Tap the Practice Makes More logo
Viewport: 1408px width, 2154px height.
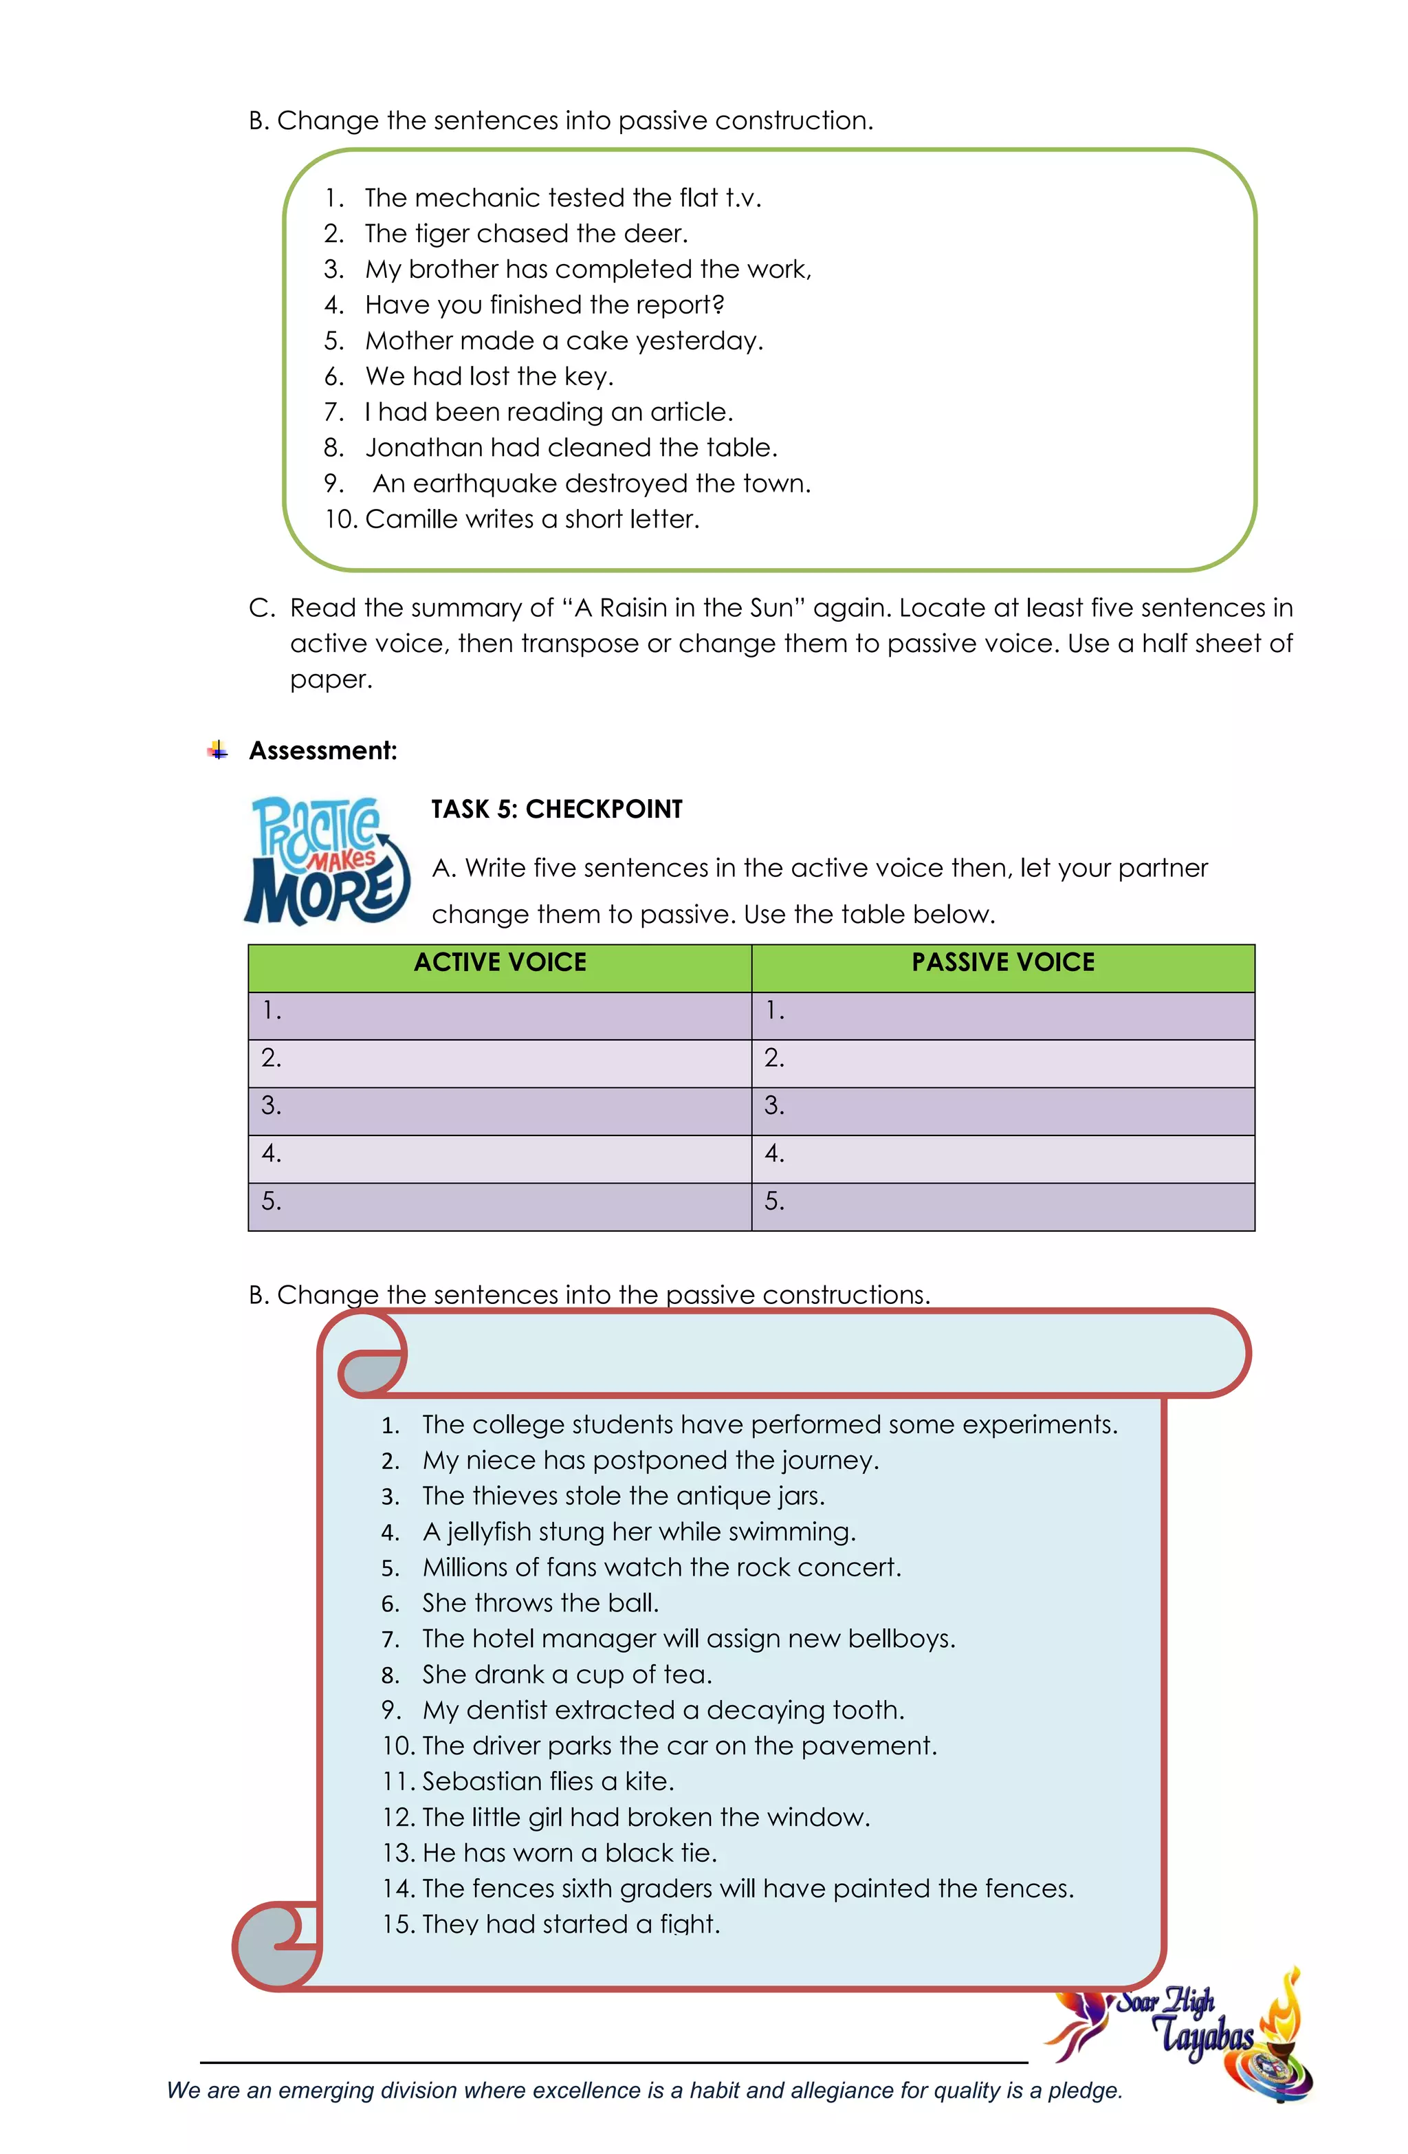click(327, 860)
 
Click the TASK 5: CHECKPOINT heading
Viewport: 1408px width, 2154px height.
click(556, 808)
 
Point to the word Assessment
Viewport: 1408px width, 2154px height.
click(322, 750)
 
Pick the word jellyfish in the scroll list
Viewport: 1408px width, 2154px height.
click(487, 1532)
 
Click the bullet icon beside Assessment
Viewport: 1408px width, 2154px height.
click(217, 750)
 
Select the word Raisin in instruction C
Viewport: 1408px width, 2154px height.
click(643, 607)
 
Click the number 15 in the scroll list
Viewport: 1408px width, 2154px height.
click(395, 1924)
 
